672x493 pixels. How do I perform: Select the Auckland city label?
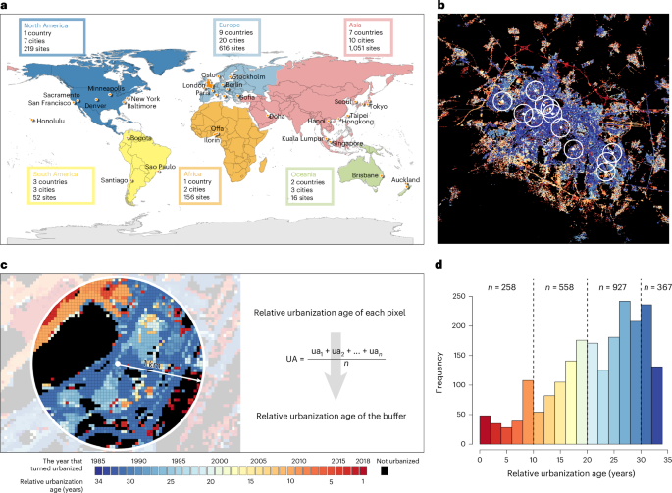(405, 181)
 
